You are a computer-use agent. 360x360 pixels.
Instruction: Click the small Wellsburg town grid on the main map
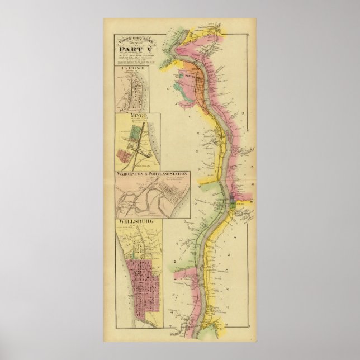click(x=233, y=206)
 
